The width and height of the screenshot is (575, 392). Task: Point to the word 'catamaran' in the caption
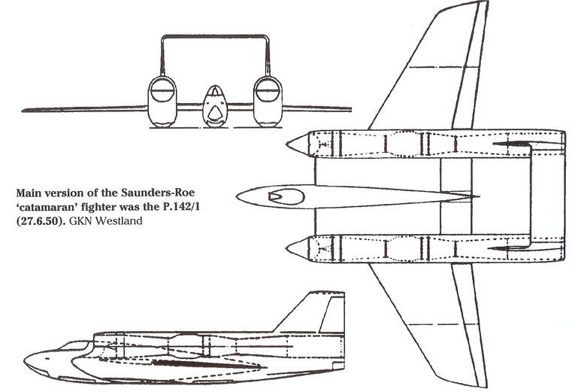(x=47, y=208)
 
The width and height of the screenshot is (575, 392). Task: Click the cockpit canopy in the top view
(x=286, y=196)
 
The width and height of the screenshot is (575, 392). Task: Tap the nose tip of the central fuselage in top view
(x=238, y=196)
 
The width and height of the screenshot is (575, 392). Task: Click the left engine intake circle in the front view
(x=162, y=90)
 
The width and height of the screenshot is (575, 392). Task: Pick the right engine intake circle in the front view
(x=268, y=90)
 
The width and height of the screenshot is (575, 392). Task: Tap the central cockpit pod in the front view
(x=215, y=106)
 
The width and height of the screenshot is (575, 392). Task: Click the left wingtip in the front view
(x=23, y=110)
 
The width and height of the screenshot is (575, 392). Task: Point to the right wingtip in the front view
(x=350, y=109)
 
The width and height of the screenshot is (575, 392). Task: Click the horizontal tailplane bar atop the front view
(x=215, y=36)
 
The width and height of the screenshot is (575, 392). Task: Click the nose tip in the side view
(x=25, y=358)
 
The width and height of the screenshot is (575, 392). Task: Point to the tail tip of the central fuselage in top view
(x=478, y=196)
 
